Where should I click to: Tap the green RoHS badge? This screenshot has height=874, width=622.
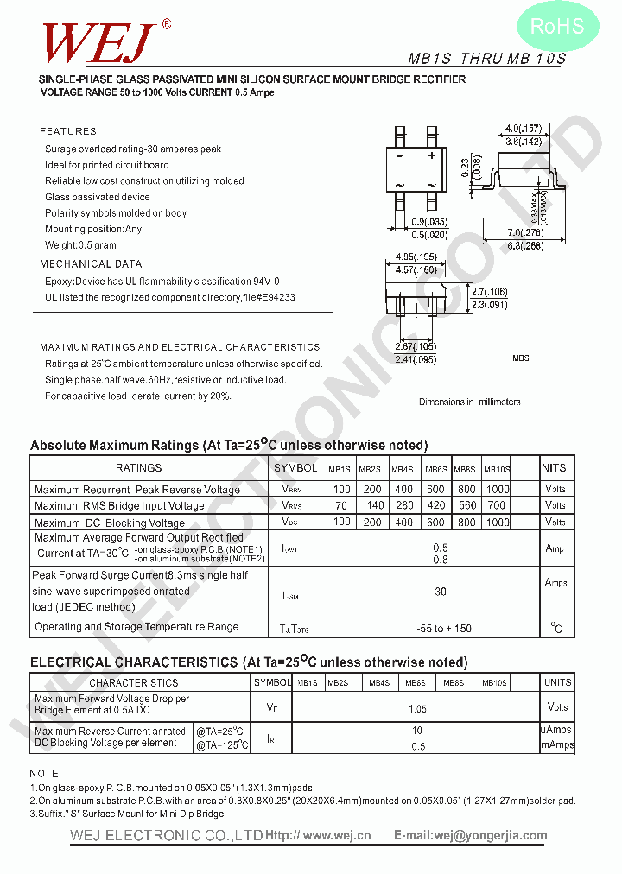coord(556,28)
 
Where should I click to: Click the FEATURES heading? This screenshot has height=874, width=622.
coord(68,131)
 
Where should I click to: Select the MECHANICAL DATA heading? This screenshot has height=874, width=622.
coord(91,264)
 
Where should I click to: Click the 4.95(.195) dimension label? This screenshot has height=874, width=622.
coord(416,256)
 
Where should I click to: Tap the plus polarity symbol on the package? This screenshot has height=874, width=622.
coord(432,156)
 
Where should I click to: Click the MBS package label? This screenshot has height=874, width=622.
coord(520,358)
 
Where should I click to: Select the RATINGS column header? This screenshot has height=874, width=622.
coord(138,468)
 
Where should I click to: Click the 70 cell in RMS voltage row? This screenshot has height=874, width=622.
coord(341,505)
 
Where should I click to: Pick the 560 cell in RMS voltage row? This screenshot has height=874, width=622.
coord(467,505)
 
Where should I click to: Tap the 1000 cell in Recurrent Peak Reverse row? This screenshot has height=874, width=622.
coord(498,489)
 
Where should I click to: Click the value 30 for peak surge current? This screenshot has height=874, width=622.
coord(441,592)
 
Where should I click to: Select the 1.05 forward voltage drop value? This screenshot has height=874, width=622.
coord(418,709)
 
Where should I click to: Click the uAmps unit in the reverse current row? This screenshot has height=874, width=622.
coord(555,730)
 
